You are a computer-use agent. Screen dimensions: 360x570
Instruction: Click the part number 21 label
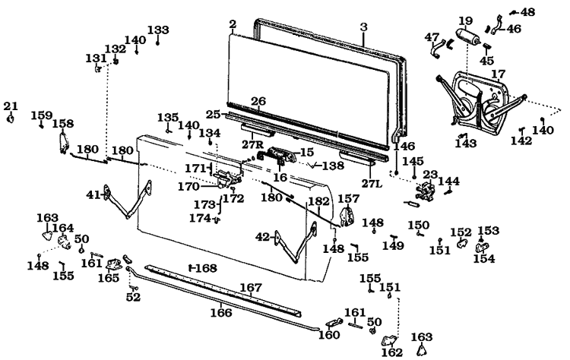[x=10, y=106]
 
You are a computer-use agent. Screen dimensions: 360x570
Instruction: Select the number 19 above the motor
[x=465, y=21]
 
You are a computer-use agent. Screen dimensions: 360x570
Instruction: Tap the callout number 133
[x=158, y=30]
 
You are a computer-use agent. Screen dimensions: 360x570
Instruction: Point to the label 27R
[x=252, y=144]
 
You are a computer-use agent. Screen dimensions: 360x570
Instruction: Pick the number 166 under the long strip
[x=221, y=311]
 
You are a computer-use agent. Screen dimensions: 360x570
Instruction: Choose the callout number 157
[x=347, y=199]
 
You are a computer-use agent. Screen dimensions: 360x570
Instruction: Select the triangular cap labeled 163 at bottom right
[x=421, y=350]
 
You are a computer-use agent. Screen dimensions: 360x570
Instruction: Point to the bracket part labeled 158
[x=64, y=142]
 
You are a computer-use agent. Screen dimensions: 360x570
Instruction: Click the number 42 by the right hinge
[x=262, y=237]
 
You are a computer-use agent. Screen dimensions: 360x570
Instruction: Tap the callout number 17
[x=498, y=74]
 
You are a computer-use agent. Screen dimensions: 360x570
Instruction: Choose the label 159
[x=42, y=115]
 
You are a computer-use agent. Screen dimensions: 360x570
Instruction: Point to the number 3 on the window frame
[x=363, y=27]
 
